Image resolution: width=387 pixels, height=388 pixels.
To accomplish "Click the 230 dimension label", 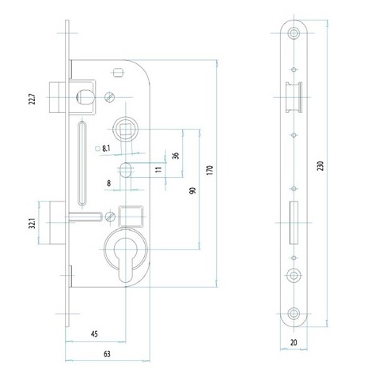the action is click(x=320, y=166).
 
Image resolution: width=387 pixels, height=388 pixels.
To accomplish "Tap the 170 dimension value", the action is click(x=210, y=171).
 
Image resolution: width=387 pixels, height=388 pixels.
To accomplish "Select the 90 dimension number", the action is click(x=192, y=190).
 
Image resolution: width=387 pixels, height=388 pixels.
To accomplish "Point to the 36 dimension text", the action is click(x=176, y=156).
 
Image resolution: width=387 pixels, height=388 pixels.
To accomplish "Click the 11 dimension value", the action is click(x=158, y=169).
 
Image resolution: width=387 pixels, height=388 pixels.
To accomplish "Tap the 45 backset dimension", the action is click(x=94, y=334).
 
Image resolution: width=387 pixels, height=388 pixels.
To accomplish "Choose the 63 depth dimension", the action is click(x=107, y=354).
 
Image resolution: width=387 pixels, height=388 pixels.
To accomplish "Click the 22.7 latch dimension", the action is click(x=32, y=99).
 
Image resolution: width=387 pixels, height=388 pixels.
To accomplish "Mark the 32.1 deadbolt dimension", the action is click(x=32, y=223).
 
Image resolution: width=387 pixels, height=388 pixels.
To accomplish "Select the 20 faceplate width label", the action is click(x=294, y=342).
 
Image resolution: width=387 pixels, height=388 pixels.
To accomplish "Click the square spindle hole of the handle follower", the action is click(x=126, y=130).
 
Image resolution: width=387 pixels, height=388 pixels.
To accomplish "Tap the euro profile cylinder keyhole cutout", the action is click(x=126, y=260).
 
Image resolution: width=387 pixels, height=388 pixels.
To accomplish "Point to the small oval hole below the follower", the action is click(x=126, y=170).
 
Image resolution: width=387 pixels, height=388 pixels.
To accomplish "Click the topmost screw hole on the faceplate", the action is click(x=294, y=33).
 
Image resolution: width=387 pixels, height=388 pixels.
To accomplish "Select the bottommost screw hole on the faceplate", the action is click(x=294, y=314).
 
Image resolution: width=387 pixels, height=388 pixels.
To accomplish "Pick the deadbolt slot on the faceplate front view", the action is click(x=294, y=223).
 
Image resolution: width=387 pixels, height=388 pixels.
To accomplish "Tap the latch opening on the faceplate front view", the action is click(x=294, y=97).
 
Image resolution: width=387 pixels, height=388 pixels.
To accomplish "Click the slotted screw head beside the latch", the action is click(x=110, y=97).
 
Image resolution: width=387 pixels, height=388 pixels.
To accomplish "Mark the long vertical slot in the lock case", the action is click(x=82, y=164).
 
